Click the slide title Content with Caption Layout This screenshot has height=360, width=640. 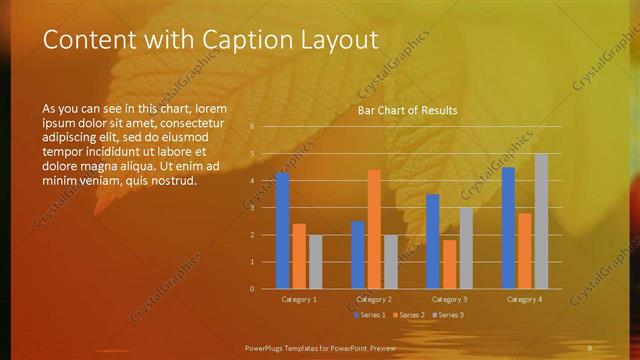click(211, 40)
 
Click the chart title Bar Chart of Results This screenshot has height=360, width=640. click(407, 110)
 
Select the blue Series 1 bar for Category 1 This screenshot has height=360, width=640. click(283, 231)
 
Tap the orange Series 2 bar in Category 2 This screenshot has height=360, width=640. click(374, 229)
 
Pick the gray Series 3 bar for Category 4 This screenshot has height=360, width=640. click(541, 221)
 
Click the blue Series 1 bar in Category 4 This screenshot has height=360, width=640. click(508, 228)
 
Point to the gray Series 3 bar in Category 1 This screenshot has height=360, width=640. click(316, 262)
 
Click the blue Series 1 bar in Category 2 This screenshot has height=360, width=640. click(357, 255)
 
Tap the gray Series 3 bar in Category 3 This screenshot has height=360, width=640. click(466, 248)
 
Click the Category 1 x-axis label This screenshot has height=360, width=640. click(299, 299)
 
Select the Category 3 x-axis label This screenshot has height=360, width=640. click(449, 299)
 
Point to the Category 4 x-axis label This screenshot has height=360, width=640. click(524, 299)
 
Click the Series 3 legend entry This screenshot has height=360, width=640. click(447, 315)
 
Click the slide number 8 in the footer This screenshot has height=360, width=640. click(590, 347)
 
